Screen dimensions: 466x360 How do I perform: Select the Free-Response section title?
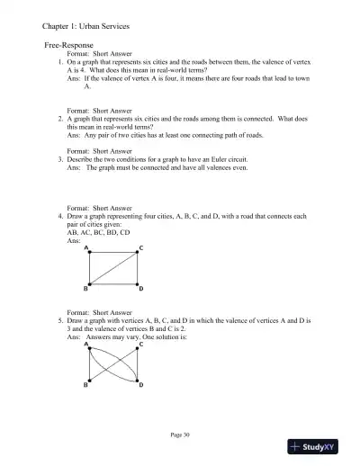click(70, 44)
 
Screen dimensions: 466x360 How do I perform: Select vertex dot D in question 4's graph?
click(139, 284)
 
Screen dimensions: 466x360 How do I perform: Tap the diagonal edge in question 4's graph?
click(113, 268)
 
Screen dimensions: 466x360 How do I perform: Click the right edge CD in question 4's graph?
click(139, 268)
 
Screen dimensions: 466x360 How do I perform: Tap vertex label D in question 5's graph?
click(140, 386)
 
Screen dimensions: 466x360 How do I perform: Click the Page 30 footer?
click(180, 435)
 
